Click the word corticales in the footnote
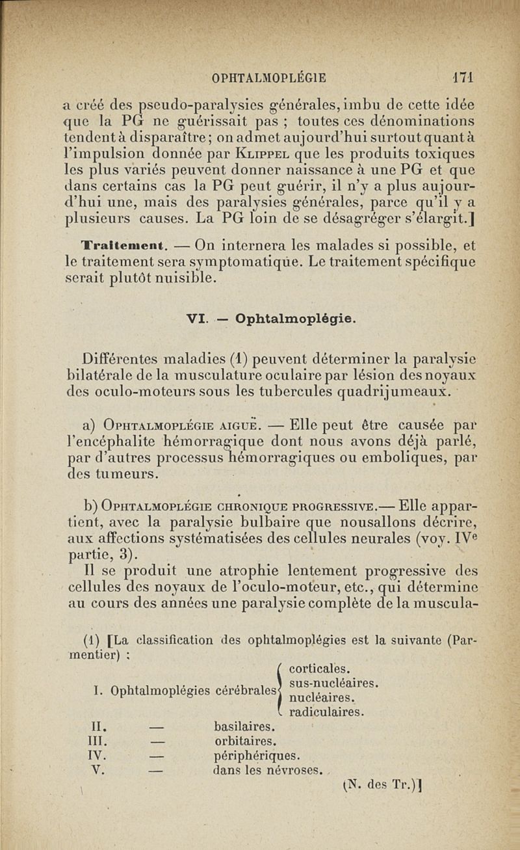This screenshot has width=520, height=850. click(x=319, y=668)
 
